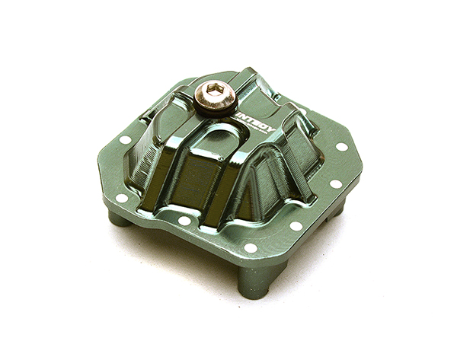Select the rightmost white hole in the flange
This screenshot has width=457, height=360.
342,146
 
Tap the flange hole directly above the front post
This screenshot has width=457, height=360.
249,247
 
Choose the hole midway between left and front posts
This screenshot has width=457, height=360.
184,221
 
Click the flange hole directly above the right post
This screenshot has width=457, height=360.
335,183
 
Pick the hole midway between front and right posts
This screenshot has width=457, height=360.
296,225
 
